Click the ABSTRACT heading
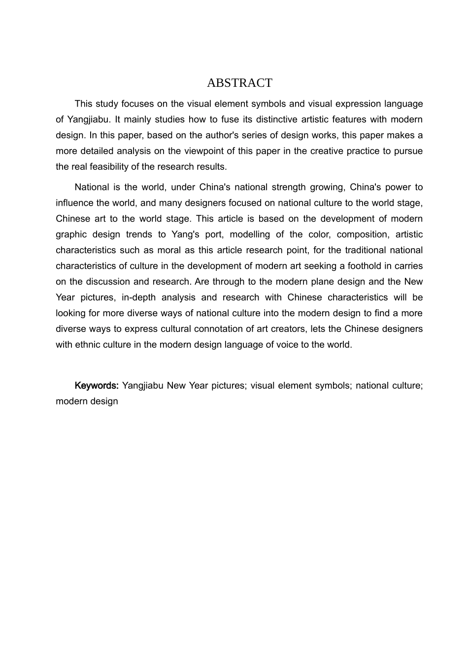pyautogui.click(x=239, y=83)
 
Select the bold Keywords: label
pyautogui.click(x=97, y=385)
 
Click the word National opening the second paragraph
pyautogui.click(x=92, y=187)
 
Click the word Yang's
pyautogui.click(x=185, y=235)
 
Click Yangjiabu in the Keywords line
pyautogui.click(x=142, y=385)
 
